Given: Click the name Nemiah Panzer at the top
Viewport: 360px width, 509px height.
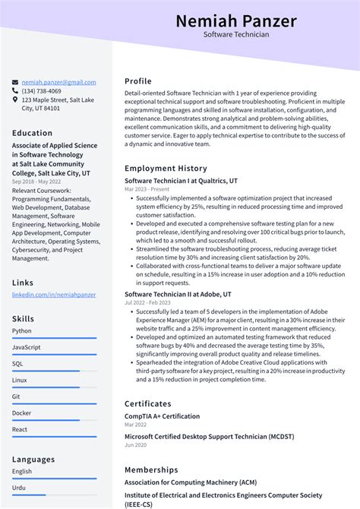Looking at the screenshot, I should pos(235,21).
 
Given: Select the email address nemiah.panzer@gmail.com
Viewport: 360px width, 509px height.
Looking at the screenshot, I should pos(58,82).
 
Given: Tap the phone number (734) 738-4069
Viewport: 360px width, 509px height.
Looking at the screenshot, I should pos(42,91).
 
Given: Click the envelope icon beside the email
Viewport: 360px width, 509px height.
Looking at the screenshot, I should pos(15,82).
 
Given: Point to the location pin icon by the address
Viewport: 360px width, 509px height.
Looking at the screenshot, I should pos(15,100).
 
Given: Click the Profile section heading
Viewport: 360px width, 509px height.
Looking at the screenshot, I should pos(138,81).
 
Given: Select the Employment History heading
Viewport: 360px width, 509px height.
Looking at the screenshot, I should pos(166,169).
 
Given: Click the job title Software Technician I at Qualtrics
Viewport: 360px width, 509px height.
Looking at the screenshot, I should pos(181,181).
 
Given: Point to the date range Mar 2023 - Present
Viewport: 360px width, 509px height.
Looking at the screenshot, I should pos(147,190).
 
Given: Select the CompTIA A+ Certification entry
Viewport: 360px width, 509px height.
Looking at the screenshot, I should pos(162,416).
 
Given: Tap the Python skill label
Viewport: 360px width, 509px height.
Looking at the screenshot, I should pos(22,330).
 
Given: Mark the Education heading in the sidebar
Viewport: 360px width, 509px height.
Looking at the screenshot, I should pos(33,133).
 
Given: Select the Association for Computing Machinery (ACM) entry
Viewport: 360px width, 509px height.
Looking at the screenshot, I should pos(190,482).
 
